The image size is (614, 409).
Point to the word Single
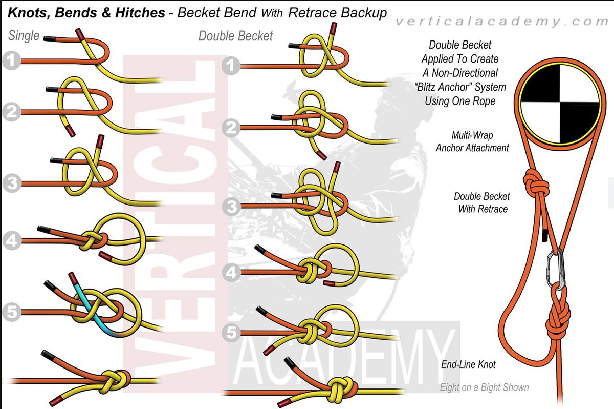coord(24,36)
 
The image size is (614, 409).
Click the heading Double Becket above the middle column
coord(235,36)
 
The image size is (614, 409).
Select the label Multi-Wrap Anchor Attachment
coord(472,142)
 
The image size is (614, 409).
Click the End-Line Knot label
coord(468,365)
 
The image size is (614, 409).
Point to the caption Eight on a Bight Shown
coord(484,387)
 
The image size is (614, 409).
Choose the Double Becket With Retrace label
coord(481,202)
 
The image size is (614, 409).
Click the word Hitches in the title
coord(137,12)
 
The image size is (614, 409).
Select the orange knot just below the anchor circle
coord(534,180)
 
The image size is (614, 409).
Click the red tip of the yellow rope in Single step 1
coord(80,34)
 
